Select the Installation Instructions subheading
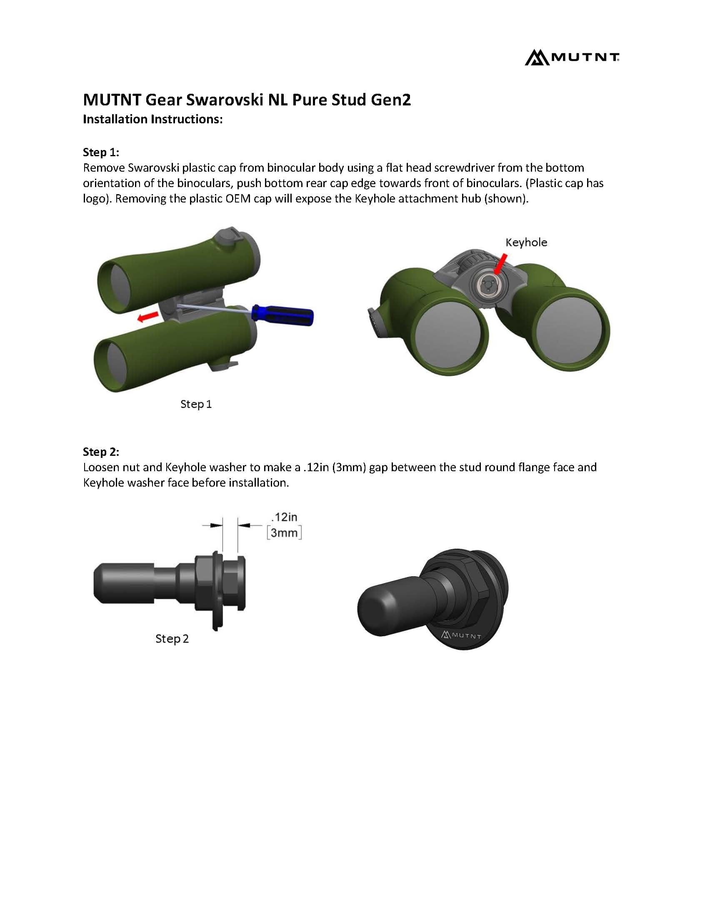pos(153,120)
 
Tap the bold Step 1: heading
pos(101,152)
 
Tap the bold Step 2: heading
pos(101,451)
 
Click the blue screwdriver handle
pos(283,315)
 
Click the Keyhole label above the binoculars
pos(526,242)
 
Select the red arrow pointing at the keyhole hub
pos(500,264)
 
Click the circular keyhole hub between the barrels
pos(485,287)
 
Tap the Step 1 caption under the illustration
pos(196,404)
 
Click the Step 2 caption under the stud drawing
pos(172,639)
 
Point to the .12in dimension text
pos(284,517)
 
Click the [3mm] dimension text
pos(284,533)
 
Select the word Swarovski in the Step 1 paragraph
pos(153,168)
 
